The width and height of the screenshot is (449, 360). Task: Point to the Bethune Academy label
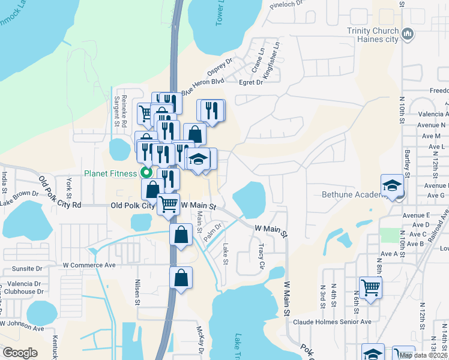(351, 194)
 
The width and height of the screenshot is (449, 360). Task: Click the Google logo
(20, 353)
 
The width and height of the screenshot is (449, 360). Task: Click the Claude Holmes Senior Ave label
(332, 322)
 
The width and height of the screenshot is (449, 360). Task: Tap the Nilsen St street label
(137, 290)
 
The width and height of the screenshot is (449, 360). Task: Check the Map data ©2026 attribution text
(423, 355)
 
